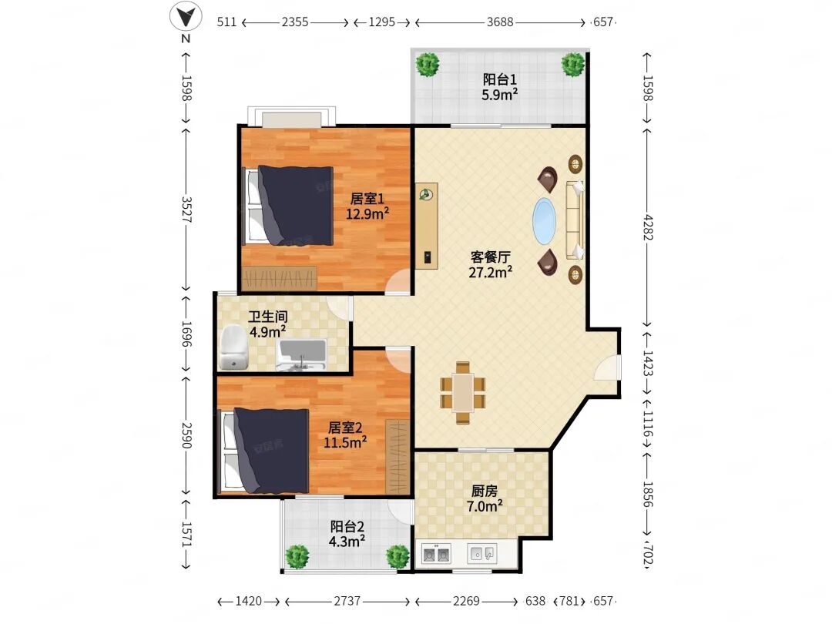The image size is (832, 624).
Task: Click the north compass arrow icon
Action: (x=185, y=16)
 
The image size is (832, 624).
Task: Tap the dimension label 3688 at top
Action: (x=500, y=22)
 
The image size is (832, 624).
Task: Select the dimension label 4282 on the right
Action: (x=648, y=226)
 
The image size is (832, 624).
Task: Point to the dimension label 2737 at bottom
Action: (x=347, y=601)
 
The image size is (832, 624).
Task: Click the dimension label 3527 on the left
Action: (x=186, y=210)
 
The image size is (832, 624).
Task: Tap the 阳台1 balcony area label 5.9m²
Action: (x=499, y=95)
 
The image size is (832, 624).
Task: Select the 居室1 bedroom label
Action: (x=367, y=199)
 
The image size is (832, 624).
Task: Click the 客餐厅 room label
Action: (x=490, y=257)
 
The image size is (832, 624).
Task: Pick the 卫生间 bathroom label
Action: (x=268, y=317)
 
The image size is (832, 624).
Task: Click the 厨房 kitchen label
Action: (x=485, y=491)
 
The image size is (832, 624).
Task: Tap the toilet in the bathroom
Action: (x=233, y=347)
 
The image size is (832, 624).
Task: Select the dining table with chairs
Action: (x=463, y=393)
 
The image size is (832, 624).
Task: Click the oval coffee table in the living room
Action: (x=545, y=221)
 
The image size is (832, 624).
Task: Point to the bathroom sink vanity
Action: (x=301, y=355)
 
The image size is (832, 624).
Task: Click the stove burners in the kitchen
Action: (x=436, y=554)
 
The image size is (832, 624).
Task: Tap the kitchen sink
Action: (x=482, y=553)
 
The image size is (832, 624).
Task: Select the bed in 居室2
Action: (x=265, y=451)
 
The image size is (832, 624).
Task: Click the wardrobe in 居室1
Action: (x=279, y=278)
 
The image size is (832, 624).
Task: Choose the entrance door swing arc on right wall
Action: (x=607, y=367)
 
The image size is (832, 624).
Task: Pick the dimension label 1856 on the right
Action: (x=648, y=494)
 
